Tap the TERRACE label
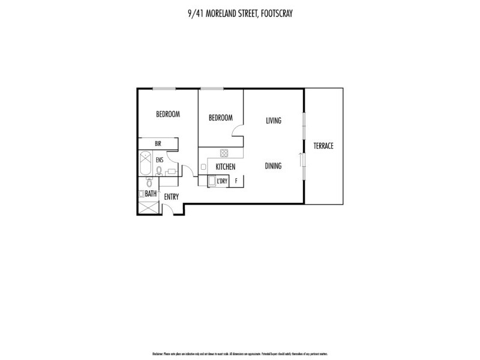point(323,146)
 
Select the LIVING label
point(274,121)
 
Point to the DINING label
point(273,166)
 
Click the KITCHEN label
point(225,167)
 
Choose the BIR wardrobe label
point(158,143)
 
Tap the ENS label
point(160,161)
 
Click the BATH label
point(151,194)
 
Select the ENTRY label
point(172,197)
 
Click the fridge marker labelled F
point(236,181)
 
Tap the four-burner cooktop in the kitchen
point(224,152)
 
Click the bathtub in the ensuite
point(145,164)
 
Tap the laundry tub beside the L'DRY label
point(211,181)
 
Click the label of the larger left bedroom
point(168,114)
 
